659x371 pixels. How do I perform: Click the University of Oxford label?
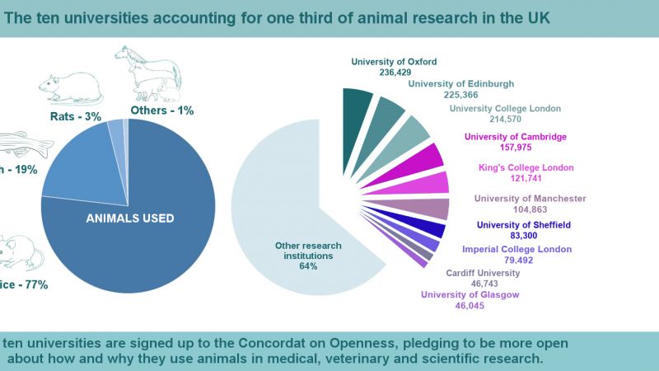click(x=394, y=61)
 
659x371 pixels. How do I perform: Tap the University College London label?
click(x=505, y=108)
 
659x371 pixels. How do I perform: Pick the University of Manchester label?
click(x=530, y=198)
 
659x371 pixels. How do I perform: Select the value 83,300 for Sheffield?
click(x=524, y=236)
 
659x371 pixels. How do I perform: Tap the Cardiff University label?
click(x=483, y=273)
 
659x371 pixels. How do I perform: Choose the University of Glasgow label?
click(x=470, y=294)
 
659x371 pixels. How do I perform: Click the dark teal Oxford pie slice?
click(x=358, y=104)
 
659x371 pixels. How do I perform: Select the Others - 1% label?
click(x=161, y=110)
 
